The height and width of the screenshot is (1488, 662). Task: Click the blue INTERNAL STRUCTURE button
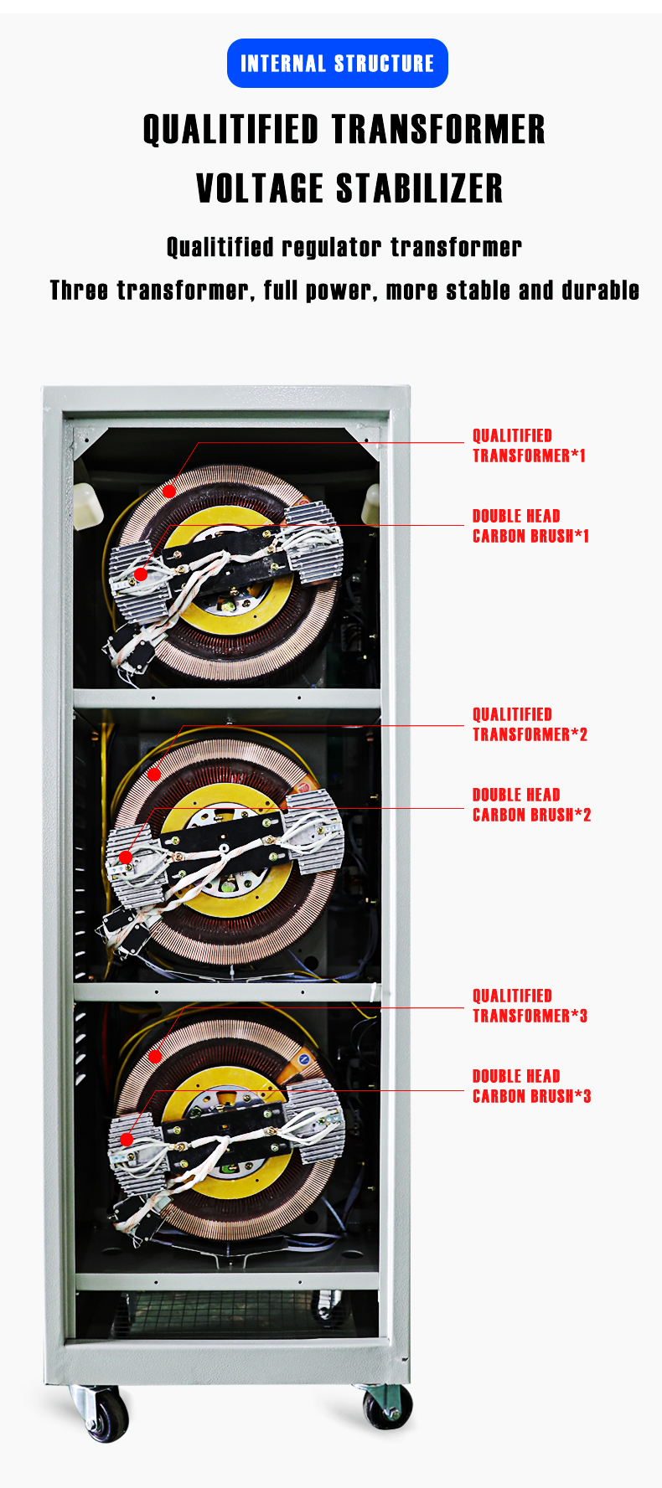click(338, 63)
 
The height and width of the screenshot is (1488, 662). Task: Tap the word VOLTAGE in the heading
click(260, 188)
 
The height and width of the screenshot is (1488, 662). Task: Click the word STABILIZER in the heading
click(420, 188)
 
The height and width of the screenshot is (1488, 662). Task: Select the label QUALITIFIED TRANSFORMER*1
click(529, 445)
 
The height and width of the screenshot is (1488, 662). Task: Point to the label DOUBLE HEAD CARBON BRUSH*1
click(530, 526)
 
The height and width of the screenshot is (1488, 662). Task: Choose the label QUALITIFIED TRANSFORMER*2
click(530, 724)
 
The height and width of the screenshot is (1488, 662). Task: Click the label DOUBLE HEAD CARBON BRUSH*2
click(531, 805)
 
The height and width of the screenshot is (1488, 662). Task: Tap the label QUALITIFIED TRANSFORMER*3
click(530, 1006)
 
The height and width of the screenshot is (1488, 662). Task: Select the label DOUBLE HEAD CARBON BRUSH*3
click(531, 1086)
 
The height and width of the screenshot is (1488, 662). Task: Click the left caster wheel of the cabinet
click(106, 1414)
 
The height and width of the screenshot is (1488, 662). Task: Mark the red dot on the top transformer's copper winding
click(169, 491)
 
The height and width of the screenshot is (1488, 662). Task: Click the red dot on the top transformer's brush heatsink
click(141, 574)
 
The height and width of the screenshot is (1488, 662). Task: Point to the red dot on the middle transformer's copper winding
click(154, 775)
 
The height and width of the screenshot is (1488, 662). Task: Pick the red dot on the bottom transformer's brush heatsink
click(126, 1139)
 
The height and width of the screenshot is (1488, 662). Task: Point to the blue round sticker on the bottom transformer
click(305, 1059)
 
